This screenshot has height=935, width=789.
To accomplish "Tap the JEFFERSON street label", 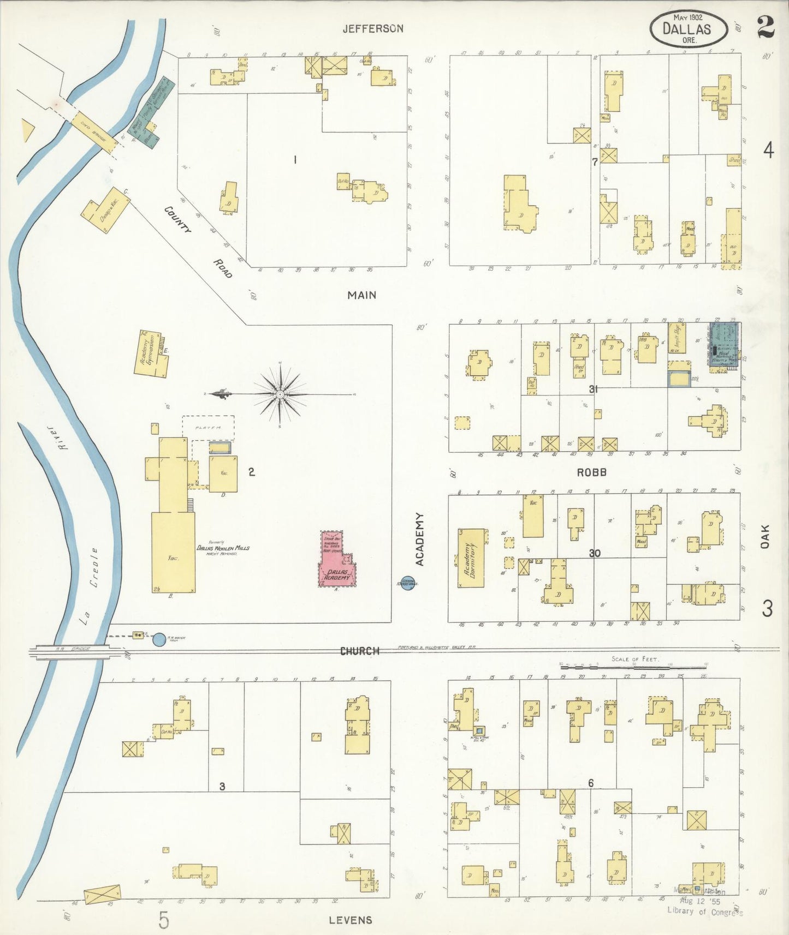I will click(373, 28).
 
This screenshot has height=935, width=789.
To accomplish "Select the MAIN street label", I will click(362, 295).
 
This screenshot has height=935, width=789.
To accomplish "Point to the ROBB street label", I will click(592, 472).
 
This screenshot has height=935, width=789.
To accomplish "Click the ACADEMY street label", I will click(420, 539).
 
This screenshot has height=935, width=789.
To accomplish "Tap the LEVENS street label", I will click(350, 920).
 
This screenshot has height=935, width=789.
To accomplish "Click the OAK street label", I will click(766, 536).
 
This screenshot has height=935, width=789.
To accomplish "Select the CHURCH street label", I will click(359, 651).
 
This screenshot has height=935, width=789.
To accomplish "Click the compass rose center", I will click(280, 394).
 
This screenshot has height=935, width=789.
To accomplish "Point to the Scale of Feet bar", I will click(633, 666).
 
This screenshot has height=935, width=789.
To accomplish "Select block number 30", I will click(595, 553).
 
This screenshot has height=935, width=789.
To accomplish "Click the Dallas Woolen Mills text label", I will click(223, 548).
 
